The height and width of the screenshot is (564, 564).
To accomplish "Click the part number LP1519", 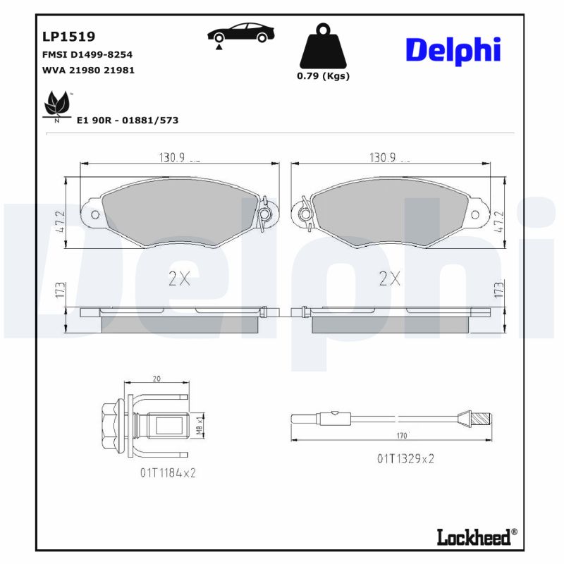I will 69,36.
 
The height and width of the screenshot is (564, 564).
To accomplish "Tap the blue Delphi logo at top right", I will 453,51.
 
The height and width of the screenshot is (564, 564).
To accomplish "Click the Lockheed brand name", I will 473,537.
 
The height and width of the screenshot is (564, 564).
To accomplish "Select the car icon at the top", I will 241,35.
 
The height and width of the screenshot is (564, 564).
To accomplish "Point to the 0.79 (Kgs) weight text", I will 323,76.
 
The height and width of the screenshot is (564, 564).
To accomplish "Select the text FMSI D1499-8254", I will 88,54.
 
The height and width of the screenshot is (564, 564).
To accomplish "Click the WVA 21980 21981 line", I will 89,70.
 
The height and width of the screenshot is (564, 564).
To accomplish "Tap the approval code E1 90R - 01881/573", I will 127,121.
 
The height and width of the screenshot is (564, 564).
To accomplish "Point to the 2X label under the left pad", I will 180,279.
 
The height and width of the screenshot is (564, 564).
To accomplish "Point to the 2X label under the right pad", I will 389,279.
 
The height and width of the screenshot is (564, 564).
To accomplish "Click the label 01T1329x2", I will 405,459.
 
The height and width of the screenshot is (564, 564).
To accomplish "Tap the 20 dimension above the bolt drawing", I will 156,379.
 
